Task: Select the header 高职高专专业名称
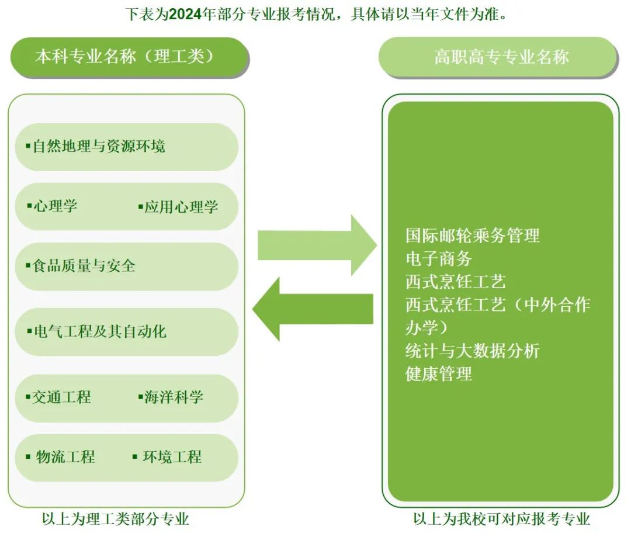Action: tap(501, 57)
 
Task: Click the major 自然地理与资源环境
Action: tap(99, 146)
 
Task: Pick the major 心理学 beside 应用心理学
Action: tap(55, 206)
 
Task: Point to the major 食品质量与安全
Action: tap(84, 266)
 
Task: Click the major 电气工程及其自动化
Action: tap(99, 332)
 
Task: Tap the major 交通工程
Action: tap(61, 397)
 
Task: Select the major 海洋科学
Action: tap(174, 397)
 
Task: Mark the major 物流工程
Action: tap(65, 457)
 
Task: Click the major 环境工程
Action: tap(172, 457)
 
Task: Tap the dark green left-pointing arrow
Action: tap(313, 309)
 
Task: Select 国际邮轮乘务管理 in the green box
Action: tap(472, 236)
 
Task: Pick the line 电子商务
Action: tap(438, 258)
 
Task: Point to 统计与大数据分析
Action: tap(472, 351)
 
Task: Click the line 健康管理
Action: tap(438, 373)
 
